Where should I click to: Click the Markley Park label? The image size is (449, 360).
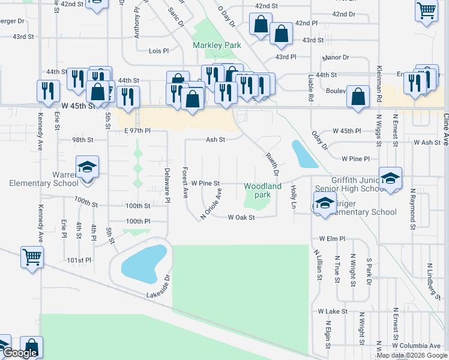coord(216,45)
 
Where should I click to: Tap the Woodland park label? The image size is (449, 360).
coord(263,190)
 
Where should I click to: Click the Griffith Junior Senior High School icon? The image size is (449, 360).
coord(390,178)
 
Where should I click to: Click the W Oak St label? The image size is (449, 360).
coord(242,217)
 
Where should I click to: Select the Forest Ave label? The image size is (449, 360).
coord(185,182)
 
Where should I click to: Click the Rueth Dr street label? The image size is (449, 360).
coord(273,164)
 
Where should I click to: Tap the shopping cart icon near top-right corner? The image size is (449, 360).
coord(426,10)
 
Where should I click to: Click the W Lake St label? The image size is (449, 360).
coord(333,311)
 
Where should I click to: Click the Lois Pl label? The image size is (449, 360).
coord(158,51)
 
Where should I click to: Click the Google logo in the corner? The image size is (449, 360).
coord(20,353)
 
